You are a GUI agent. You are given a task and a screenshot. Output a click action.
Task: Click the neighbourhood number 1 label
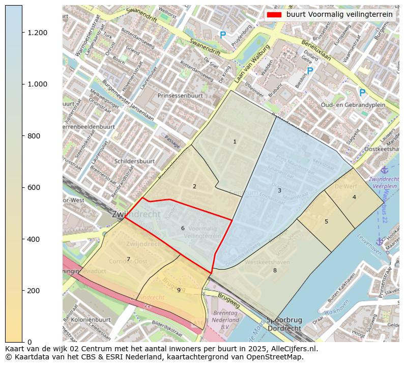pos(235,142)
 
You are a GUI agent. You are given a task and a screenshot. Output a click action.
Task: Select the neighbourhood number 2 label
pos(194,186)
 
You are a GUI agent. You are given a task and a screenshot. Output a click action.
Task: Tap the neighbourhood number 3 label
pos(279,190)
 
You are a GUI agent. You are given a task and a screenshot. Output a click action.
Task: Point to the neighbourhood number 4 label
pos(354,197)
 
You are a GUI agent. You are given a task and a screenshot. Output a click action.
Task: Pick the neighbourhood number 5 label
pos(326,221)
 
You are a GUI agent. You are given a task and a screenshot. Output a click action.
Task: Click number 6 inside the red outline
pos(183,228)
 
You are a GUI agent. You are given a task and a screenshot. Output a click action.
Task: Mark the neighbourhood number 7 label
pos(128,259)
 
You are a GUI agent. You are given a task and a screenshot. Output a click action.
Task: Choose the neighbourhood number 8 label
pos(275,270)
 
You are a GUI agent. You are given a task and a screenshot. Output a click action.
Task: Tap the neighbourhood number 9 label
pos(179,290)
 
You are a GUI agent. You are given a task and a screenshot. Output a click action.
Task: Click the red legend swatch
pos(273,15)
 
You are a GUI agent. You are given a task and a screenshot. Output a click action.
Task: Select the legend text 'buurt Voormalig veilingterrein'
pos(339,15)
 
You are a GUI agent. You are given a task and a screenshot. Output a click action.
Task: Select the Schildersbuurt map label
pos(134,161)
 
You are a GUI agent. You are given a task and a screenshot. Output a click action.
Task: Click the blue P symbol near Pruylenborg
pos(222,35)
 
